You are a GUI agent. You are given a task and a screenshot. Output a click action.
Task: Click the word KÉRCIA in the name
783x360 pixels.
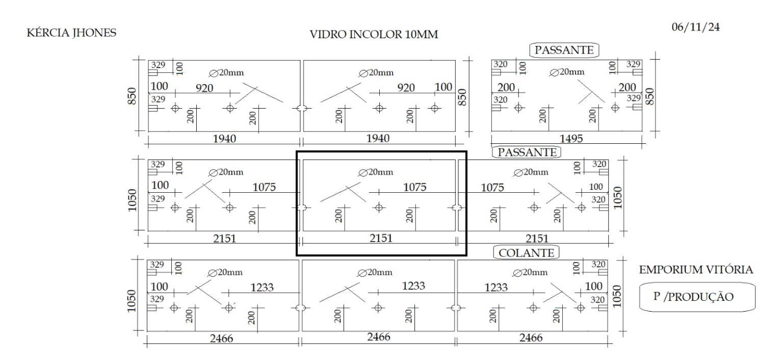[48, 33]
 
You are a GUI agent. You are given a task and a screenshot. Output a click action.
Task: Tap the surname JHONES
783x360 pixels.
[94, 33]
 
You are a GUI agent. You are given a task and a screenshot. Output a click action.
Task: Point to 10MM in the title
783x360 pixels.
[422, 35]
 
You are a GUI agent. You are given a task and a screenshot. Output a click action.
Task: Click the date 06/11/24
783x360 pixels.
[696, 27]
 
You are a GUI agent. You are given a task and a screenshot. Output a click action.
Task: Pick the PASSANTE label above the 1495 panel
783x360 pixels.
[564, 50]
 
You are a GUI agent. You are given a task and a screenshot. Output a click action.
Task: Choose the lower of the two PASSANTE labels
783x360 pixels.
[527, 152]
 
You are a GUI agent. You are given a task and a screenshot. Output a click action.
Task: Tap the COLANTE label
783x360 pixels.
[526, 253]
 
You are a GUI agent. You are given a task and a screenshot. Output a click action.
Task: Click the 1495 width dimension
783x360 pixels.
[571, 139]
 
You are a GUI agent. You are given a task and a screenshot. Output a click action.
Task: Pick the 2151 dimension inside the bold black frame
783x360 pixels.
[381, 238]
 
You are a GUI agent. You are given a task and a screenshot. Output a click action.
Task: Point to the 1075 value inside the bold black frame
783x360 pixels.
[415, 187]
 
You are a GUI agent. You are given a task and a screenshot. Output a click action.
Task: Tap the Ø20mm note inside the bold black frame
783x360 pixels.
[376, 172]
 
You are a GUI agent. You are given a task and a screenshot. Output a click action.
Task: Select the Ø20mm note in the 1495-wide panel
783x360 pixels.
[567, 72]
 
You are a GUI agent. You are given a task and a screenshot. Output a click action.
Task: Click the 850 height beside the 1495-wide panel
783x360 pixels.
[649, 96]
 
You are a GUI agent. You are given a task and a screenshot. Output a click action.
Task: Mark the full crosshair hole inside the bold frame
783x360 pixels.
[379, 208]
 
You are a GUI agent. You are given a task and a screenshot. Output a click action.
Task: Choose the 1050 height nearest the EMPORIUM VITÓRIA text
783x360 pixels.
[617, 296]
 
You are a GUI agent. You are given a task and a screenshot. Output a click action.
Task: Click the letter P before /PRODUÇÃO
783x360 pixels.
[657, 296]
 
